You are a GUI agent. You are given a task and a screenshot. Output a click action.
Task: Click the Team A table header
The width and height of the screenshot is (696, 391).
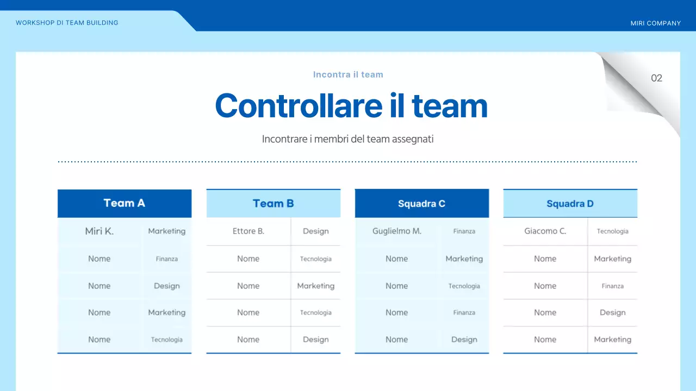pyautogui.click(x=124, y=203)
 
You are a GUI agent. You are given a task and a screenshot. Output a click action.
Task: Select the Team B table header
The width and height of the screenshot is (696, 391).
pyautogui.click(x=273, y=204)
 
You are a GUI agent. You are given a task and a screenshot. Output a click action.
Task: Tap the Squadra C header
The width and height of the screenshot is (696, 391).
pyautogui.click(x=421, y=204)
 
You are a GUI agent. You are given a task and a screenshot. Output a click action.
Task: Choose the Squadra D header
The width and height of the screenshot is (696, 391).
pyautogui.click(x=570, y=204)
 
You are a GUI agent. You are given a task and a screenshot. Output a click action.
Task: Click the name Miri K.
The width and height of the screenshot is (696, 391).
pyautogui.click(x=100, y=231)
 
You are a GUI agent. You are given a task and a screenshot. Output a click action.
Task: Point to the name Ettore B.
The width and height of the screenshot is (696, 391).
pyautogui.click(x=248, y=231)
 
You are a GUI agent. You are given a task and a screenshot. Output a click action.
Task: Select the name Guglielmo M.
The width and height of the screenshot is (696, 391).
pyautogui.click(x=397, y=231)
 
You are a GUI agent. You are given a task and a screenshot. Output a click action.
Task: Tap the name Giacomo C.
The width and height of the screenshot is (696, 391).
pyautogui.click(x=545, y=231)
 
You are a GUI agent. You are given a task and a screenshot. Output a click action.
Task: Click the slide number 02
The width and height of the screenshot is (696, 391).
pyautogui.click(x=656, y=78)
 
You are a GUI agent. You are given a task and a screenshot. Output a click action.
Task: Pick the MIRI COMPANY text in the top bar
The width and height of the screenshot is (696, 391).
pyautogui.click(x=655, y=23)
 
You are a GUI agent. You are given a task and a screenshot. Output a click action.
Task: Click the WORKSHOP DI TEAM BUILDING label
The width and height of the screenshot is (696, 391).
pyautogui.click(x=67, y=23)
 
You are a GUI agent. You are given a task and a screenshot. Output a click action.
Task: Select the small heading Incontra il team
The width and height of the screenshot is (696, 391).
pyautogui.click(x=348, y=74)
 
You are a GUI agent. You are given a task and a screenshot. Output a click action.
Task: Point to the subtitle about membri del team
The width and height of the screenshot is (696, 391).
pyautogui.click(x=348, y=139)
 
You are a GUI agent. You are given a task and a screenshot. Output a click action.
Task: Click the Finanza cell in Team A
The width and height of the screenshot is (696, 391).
pyautogui.click(x=167, y=259)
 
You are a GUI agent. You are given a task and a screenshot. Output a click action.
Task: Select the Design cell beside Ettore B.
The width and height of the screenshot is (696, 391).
pyautogui.click(x=316, y=231)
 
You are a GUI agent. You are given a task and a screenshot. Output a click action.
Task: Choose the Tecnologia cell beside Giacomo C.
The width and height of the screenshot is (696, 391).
pyautogui.click(x=612, y=231)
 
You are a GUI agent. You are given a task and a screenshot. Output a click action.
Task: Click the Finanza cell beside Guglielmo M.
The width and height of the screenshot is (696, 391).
pyautogui.click(x=464, y=231)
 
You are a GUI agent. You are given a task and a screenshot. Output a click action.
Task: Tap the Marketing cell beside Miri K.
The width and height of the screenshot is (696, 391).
pyautogui.click(x=167, y=231)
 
